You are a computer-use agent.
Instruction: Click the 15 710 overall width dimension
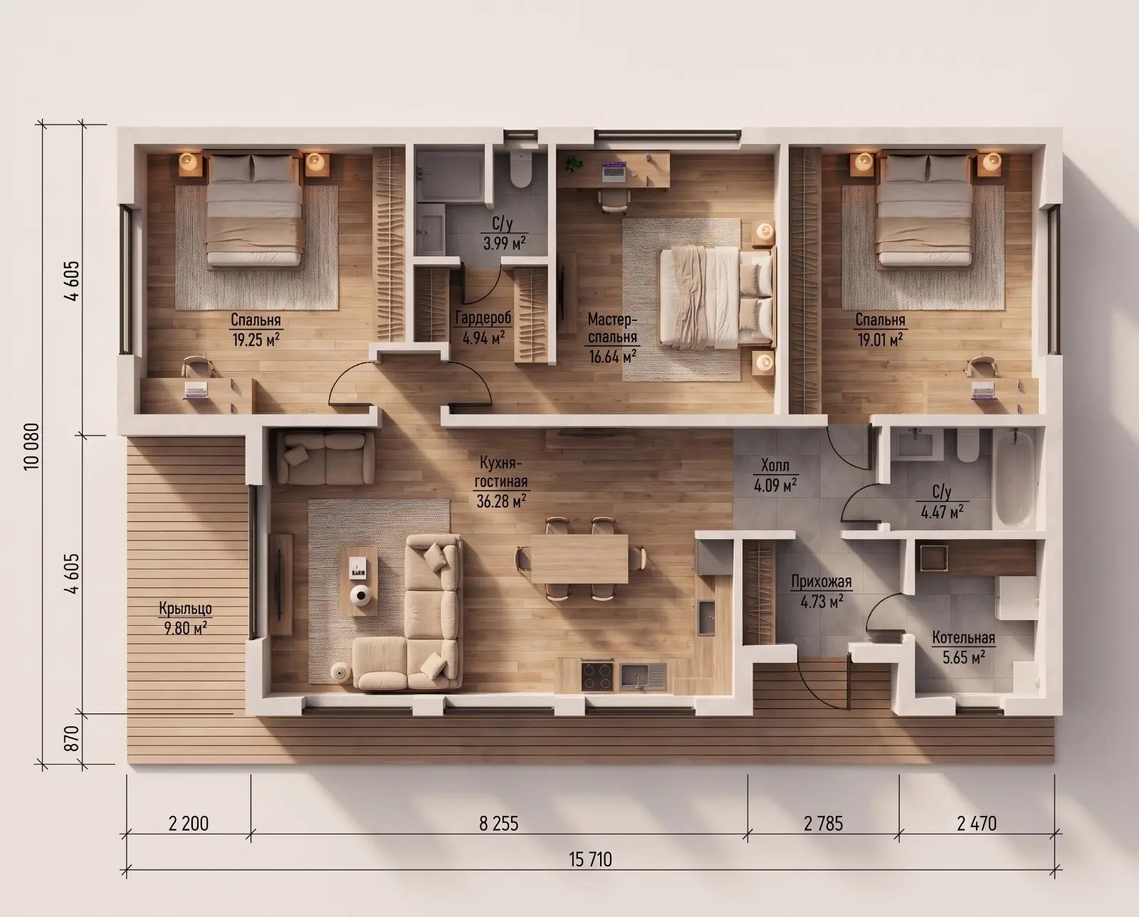(x=590, y=859)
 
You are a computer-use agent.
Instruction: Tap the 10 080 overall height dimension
(x=31, y=446)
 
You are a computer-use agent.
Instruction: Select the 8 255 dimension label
(x=498, y=824)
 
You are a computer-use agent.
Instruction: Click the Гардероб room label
(x=483, y=318)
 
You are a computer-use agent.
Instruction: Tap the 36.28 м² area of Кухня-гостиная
(x=500, y=501)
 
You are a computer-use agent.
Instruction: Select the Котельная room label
(x=963, y=638)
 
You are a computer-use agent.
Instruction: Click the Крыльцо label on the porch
(x=185, y=609)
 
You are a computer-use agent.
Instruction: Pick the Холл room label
(x=775, y=466)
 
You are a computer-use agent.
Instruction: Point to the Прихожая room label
(x=822, y=582)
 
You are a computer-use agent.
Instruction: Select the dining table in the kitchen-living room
(x=580, y=559)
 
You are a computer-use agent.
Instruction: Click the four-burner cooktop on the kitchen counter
(x=597, y=676)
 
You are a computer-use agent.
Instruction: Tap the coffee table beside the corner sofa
(x=358, y=582)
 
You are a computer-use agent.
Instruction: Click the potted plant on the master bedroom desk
(x=573, y=164)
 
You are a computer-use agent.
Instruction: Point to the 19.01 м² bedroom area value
(x=880, y=339)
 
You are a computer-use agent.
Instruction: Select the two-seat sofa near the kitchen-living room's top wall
(x=325, y=458)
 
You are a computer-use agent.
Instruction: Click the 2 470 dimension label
(x=977, y=824)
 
